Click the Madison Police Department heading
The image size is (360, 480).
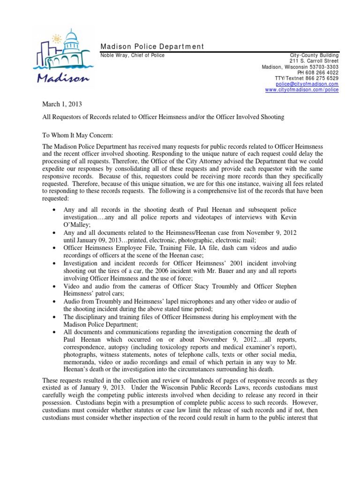[x=152, y=46]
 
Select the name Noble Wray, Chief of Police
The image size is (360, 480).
[x=133, y=55]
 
